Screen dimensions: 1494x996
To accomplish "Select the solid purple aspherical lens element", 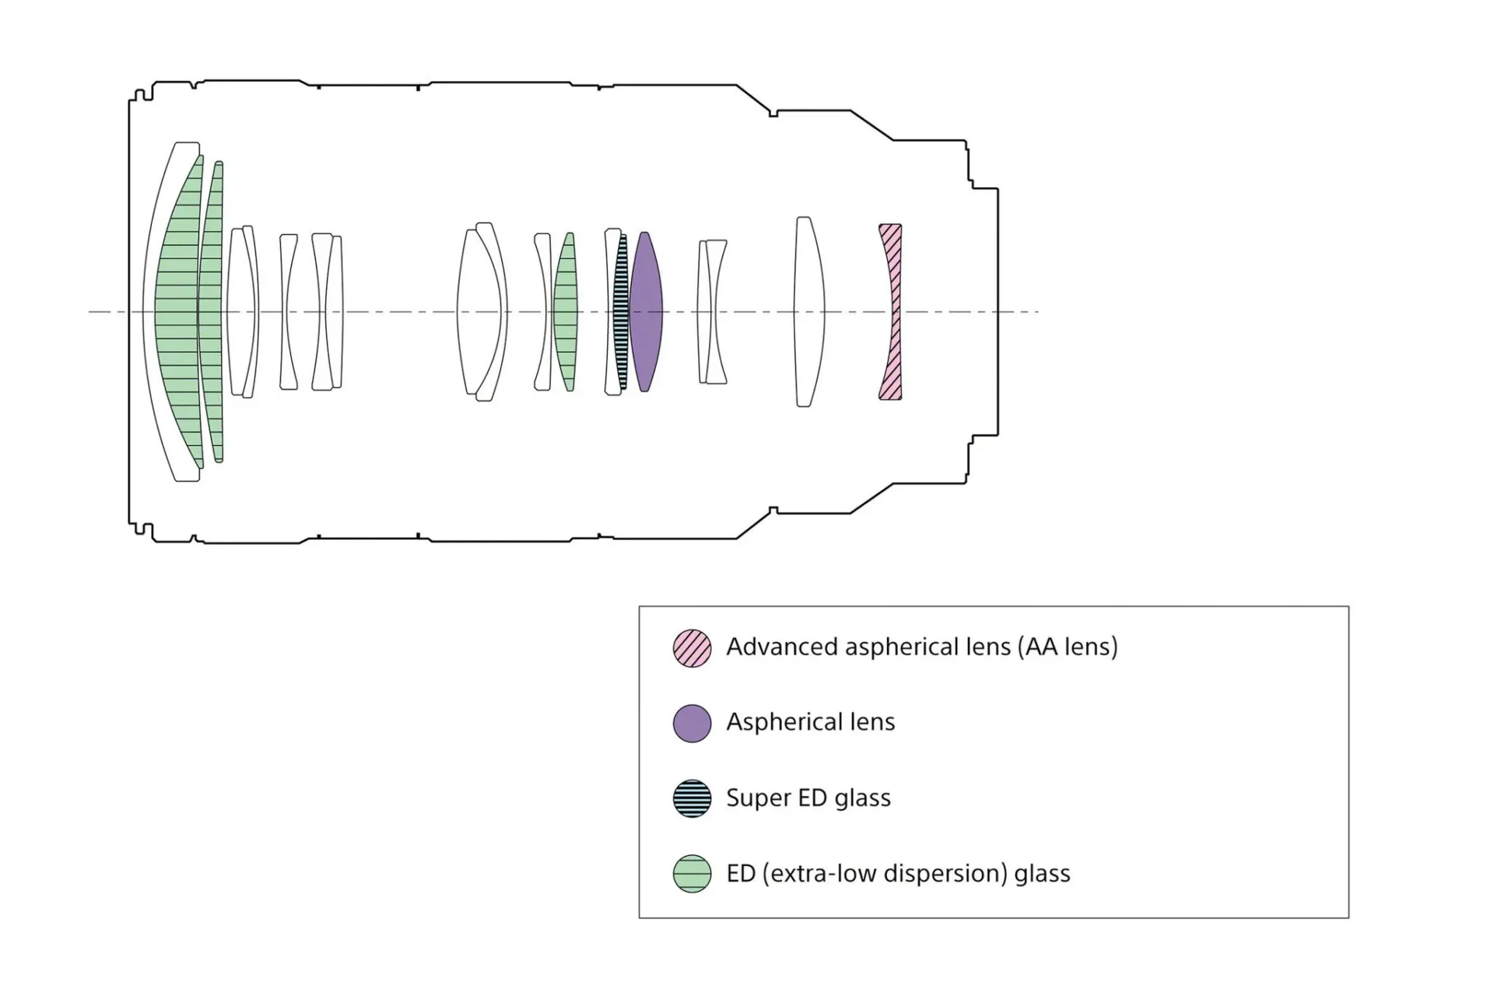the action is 645,311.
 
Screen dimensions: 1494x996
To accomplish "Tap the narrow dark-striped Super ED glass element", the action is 620,311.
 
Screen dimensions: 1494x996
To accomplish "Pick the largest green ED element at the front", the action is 177,311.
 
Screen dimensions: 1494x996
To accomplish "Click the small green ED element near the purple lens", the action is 566,311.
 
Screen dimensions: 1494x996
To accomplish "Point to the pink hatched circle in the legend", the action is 692,648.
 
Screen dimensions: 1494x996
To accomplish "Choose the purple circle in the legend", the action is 692,723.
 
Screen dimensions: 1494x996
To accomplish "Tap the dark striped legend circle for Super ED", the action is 692,798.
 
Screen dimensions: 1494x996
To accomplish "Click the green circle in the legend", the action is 692,873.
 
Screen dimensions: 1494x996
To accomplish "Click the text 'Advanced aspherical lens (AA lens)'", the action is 922,647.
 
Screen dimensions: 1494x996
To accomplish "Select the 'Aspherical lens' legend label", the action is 811,722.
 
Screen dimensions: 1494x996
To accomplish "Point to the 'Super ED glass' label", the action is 808,798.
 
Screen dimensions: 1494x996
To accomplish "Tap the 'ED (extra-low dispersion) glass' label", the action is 899,873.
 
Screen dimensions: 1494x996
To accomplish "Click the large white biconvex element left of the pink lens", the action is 808,311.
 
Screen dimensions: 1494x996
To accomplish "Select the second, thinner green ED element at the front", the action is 212,311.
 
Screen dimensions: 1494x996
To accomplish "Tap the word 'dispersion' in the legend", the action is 946,873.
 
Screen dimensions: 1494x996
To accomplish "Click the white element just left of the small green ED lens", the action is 542,311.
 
